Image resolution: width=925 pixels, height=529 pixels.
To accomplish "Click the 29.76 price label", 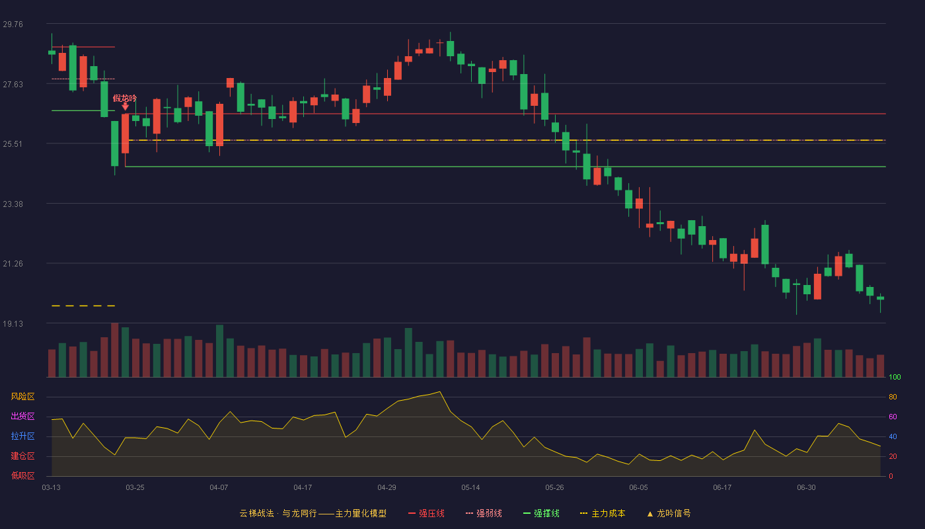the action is (x=13, y=24).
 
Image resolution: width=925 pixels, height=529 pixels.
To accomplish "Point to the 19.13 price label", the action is (x=13, y=323).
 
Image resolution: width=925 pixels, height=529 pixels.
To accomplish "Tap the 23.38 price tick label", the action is (x=13, y=204).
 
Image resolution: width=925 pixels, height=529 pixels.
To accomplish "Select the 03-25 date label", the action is (x=135, y=488).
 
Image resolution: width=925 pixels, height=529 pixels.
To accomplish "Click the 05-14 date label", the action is (x=470, y=488).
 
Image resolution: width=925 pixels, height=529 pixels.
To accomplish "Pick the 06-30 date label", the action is (x=807, y=488).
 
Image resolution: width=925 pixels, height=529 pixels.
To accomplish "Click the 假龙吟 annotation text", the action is (x=125, y=99).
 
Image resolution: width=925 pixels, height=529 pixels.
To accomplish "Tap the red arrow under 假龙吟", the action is (x=125, y=106).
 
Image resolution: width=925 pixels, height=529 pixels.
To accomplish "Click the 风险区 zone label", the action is (x=22, y=397).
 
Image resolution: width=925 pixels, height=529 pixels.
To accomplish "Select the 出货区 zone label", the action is (x=22, y=416).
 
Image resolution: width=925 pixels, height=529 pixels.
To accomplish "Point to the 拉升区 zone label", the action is (x=22, y=436).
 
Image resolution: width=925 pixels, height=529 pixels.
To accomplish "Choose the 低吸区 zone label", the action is (x=22, y=475).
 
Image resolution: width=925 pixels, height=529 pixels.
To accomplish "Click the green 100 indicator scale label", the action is (x=895, y=377).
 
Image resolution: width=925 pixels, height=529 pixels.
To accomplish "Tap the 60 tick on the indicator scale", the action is (x=893, y=417).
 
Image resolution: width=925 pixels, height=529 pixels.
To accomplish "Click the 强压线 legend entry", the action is (x=426, y=513).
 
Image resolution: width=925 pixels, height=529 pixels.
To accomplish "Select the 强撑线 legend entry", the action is (x=541, y=513).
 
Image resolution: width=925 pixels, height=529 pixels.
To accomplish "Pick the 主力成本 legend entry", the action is (x=603, y=513).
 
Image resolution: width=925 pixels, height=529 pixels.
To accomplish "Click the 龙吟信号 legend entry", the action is (x=669, y=513).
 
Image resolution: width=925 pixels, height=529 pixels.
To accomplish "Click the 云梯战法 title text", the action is (x=257, y=513).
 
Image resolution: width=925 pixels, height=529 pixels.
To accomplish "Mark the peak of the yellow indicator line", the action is (x=440, y=391).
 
